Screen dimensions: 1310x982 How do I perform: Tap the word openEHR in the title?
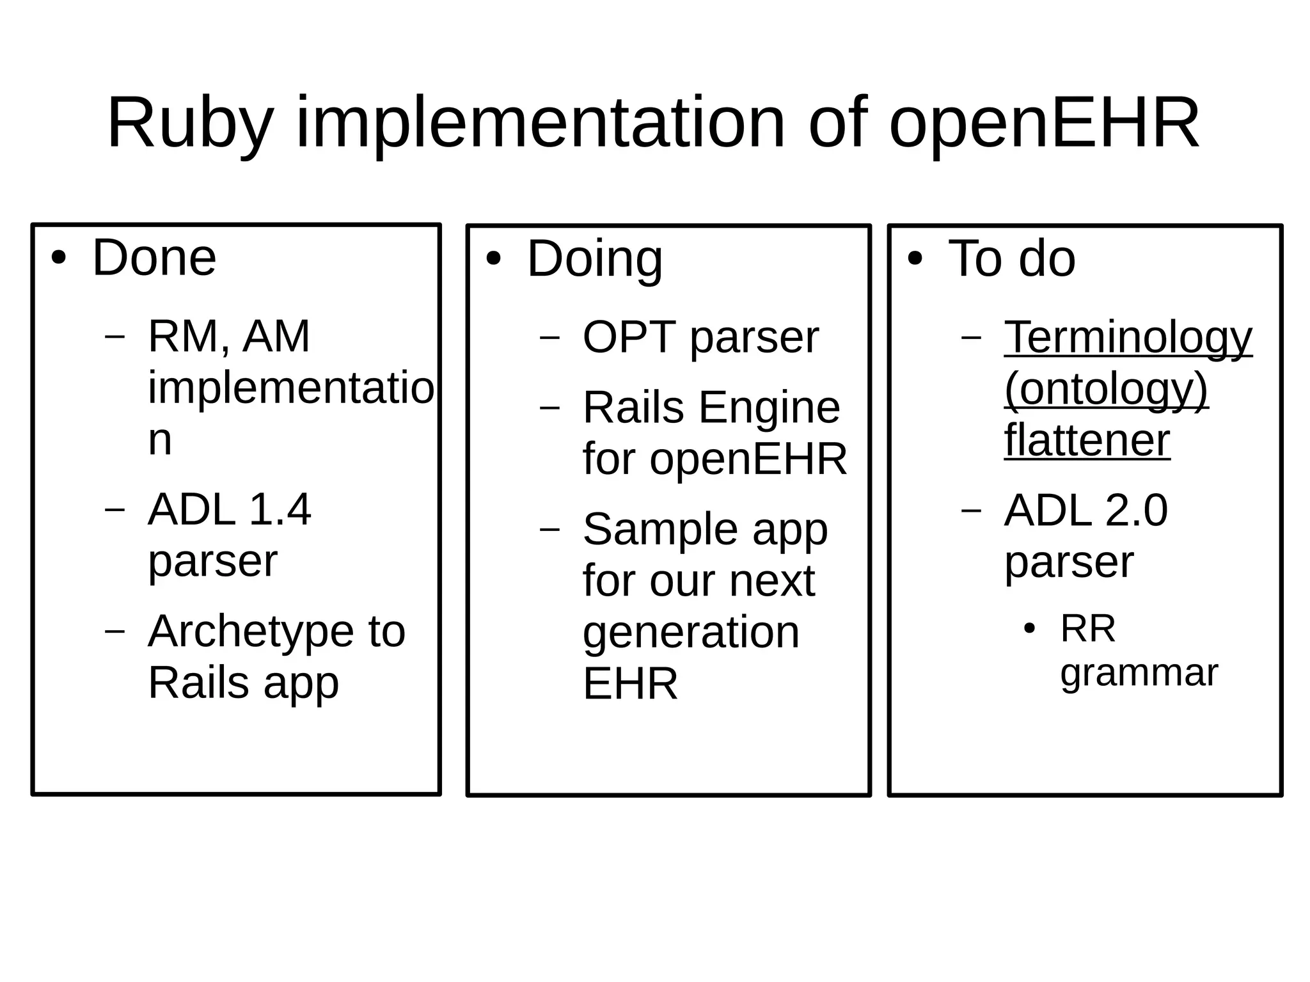click(1044, 123)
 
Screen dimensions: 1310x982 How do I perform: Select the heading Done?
click(154, 258)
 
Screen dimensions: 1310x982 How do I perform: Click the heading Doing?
click(594, 260)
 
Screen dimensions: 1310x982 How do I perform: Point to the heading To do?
click(1012, 258)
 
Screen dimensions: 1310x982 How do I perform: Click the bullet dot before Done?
click(59, 259)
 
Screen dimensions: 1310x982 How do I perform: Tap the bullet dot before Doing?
click(493, 260)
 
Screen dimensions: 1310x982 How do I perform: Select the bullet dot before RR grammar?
click(1029, 629)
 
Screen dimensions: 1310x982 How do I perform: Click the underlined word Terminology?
click(1128, 337)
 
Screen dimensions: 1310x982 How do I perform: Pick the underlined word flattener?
click(1087, 440)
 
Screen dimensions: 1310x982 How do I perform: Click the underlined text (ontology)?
click(1106, 388)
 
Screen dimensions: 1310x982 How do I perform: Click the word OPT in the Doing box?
click(629, 337)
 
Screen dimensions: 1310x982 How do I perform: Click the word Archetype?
click(251, 632)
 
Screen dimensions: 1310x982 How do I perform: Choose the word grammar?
click(1139, 673)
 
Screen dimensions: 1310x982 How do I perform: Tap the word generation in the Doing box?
click(691, 633)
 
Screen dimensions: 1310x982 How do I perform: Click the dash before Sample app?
click(550, 530)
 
